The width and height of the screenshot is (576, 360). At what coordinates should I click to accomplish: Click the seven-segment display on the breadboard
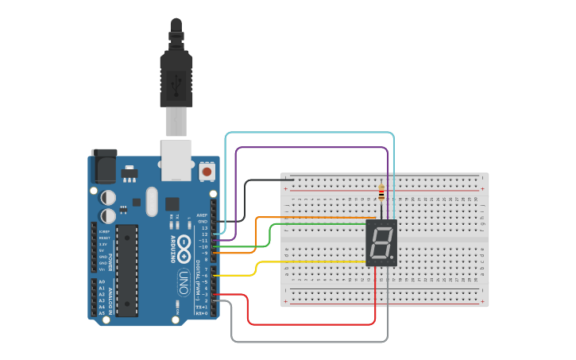pos(381,243)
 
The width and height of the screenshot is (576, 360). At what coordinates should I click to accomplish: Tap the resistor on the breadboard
pos(381,192)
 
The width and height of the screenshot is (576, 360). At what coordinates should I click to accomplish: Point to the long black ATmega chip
pos(126,270)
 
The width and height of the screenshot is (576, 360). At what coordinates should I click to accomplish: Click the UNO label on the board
pos(184,281)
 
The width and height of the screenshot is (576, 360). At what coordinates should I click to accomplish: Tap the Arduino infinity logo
pos(184,248)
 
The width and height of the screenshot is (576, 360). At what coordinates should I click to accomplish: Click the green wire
pos(271,235)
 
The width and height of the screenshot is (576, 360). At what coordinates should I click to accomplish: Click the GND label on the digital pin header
pos(204,221)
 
